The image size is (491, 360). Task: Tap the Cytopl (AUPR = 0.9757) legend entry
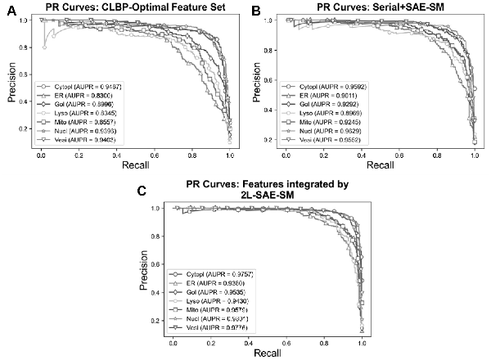(x=213, y=273)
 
